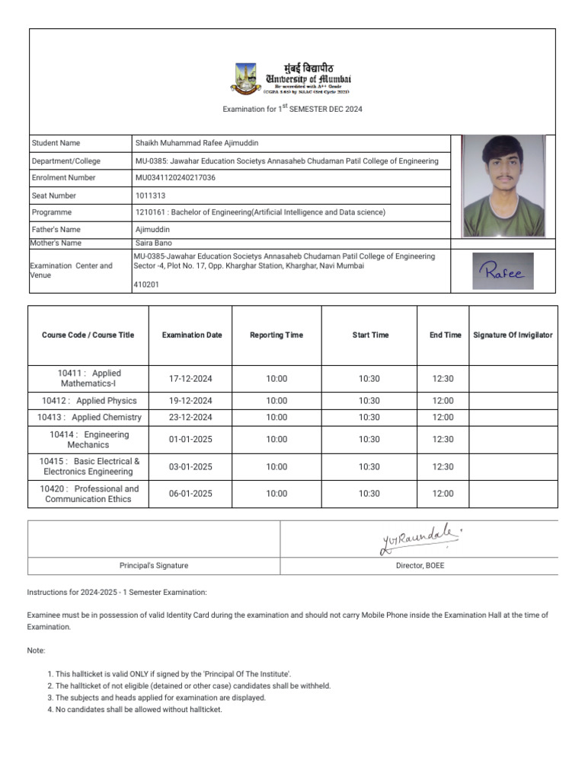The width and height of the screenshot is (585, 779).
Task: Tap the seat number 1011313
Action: coord(152,196)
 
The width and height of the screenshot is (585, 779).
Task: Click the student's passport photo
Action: coord(503,186)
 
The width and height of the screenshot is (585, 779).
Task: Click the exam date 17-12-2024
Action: coord(190,379)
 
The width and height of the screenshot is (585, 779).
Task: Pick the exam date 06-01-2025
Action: coord(190,494)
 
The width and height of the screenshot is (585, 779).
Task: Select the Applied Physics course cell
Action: coord(89,401)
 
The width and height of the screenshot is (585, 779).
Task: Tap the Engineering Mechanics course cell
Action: coord(88,440)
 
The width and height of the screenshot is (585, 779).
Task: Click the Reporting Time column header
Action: coord(276,335)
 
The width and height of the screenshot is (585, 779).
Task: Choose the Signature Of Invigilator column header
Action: coord(513,335)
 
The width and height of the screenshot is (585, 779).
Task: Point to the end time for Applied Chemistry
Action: coord(443,418)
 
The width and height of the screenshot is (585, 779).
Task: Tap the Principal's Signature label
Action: coord(155,566)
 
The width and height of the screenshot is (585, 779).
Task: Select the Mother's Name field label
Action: coord(56,243)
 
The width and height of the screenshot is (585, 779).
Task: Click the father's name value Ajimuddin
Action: coord(152,229)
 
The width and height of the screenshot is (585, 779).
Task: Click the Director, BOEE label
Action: coord(419,566)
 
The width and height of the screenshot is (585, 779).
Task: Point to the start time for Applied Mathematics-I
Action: coord(369,379)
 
